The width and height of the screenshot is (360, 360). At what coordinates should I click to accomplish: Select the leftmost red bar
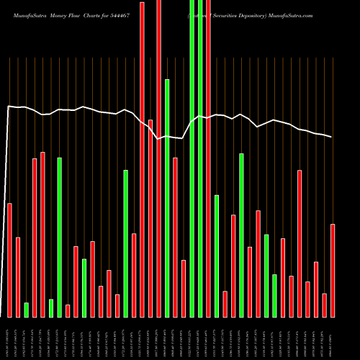(x=10, y=260)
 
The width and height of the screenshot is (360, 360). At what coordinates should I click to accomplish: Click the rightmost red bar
(x=333, y=270)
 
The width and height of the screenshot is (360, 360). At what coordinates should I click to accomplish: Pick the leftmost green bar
(x=27, y=310)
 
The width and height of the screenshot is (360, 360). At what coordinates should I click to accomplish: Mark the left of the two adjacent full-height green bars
(x=192, y=158)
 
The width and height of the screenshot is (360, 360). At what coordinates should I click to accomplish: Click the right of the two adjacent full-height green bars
(x=200, y=158)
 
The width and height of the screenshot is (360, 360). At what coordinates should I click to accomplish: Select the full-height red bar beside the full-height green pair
(x=208, y=158)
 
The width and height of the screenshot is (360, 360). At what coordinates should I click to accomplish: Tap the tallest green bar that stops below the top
(x=167, y=198)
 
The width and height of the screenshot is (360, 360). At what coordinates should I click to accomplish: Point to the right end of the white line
(x=332, y=137)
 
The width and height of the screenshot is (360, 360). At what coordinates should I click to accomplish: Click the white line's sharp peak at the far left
(x=8, y=107)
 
